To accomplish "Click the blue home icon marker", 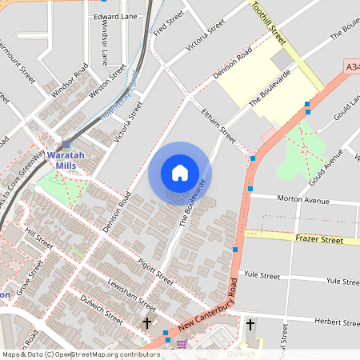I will (180, 173).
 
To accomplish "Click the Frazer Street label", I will (318, 239).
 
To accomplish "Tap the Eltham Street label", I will (218, 126).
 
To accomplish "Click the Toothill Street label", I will (268, 22).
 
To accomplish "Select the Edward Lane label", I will (115, 16).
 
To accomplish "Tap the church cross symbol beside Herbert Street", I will (250, 324).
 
